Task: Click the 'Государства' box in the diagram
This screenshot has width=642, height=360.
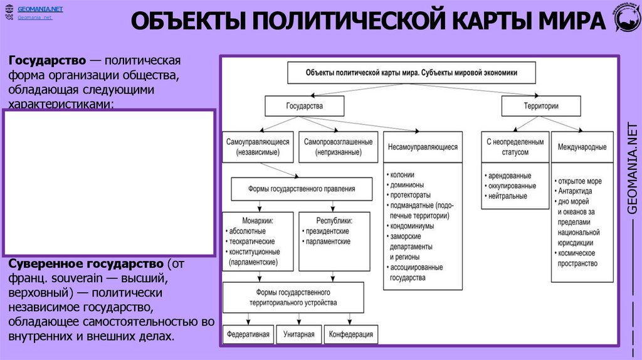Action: click(x=304, y=106)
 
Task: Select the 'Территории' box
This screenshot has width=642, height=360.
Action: click(x=540, y=106)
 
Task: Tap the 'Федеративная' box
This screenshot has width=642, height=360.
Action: click(x=249, y=334)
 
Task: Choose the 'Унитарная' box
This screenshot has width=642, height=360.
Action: click(x=298, y=334)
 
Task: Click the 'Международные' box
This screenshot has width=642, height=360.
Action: click(x=582, y=147)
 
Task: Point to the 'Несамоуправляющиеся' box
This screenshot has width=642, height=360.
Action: click(x=423, y=147)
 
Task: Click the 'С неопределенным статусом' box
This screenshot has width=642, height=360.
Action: click(x=515, y=147)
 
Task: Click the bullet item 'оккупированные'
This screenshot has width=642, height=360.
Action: click(x=512, y=186)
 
